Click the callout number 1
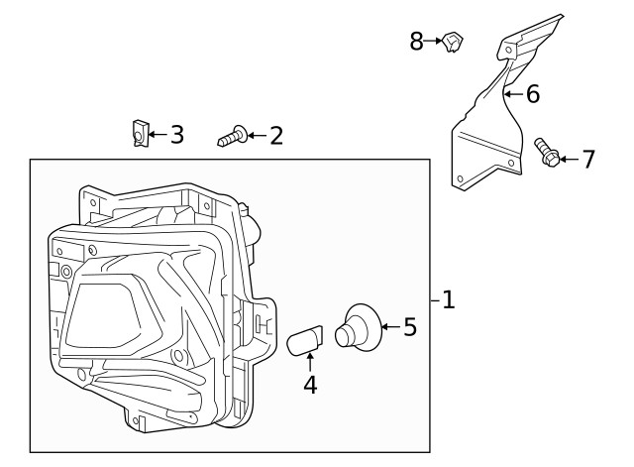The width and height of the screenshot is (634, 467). coord(448,299)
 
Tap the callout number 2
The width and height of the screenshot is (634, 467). coord(275,135)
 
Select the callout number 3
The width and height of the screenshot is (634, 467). coord(177,134)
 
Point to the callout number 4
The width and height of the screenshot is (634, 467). coord(310,385)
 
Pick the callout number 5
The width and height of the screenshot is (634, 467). coord(410,326)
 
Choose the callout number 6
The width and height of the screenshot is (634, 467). coord(533,94)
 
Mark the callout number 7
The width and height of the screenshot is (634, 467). coord(588,158)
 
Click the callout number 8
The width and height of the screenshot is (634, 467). coord(417,41)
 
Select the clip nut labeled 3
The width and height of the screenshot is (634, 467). coord(140,133)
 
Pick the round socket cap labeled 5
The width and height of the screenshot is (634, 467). coord(354,327)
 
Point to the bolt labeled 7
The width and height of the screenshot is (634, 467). coord(546,153)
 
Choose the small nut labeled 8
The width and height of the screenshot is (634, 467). coord(455,42)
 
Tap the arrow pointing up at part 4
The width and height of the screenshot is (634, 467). coord(310,360)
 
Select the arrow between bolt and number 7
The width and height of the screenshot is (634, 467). coord(569,158)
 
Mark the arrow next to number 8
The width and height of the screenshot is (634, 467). coord(434,41)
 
